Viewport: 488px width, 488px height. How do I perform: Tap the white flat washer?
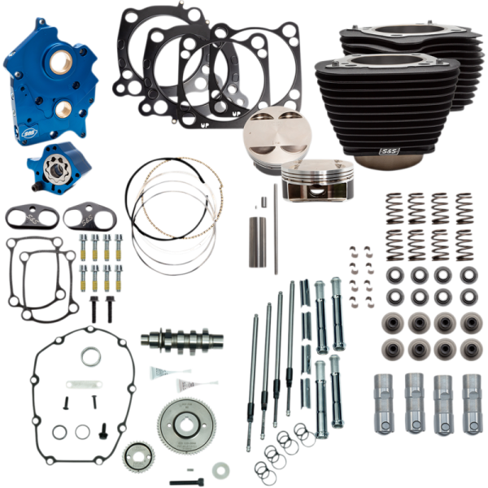click(x=220, y=470)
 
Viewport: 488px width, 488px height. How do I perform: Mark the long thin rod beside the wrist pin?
click(x=276, y=229)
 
